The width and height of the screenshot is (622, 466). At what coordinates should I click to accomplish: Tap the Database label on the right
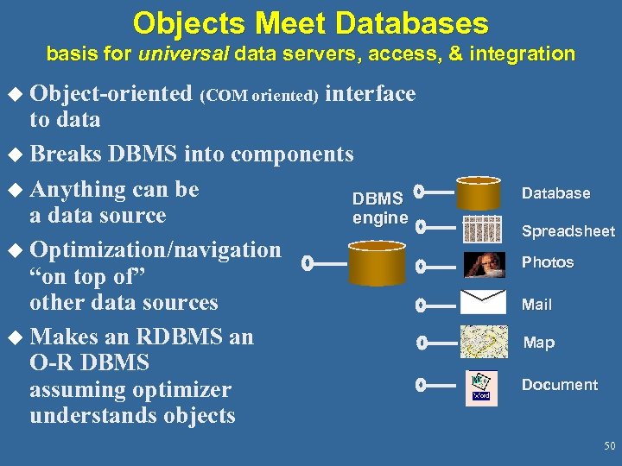(555, 193)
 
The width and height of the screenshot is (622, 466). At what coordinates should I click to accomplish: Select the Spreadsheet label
(568, 231)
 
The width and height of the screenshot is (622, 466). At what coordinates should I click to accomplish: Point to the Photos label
(548, 262)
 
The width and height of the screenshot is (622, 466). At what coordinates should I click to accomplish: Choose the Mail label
(536, 305)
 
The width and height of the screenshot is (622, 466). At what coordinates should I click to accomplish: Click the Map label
(539, 343)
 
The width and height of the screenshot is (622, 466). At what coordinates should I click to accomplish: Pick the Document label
(559, 385)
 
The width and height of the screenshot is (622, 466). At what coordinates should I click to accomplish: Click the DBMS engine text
(380, 209)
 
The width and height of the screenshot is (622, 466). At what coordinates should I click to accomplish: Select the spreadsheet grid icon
(482, 230)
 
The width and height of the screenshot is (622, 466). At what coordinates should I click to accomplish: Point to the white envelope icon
(483, 302)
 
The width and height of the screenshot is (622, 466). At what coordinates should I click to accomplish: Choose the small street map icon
(484, 341)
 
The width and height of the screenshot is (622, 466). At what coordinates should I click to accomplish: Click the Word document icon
(480, 386)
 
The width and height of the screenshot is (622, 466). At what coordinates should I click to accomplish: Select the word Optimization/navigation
(155, 250)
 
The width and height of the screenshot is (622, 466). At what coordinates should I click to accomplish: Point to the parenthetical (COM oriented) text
(261, 96)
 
